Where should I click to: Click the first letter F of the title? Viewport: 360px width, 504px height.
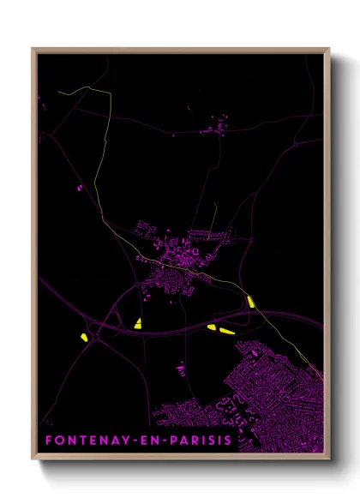click(x=48, y=441)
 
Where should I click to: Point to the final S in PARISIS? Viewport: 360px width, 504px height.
click(x=228, y=441)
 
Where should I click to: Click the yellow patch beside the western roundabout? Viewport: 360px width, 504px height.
click(x=84, y=337)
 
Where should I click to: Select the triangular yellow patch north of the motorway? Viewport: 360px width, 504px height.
click(x=138, y=322)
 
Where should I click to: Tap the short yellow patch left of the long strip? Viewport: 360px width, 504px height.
click(x=212, y=327)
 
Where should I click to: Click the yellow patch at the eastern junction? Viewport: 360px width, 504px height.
click(x=250, y=301)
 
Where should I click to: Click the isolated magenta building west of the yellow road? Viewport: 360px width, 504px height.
click(x=81, y=187)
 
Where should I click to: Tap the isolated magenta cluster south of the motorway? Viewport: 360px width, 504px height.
click(x=181, y=369)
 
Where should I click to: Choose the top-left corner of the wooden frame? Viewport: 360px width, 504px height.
click(x=33, y=49)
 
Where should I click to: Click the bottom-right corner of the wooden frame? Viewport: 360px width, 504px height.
click(x=328, y=459)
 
